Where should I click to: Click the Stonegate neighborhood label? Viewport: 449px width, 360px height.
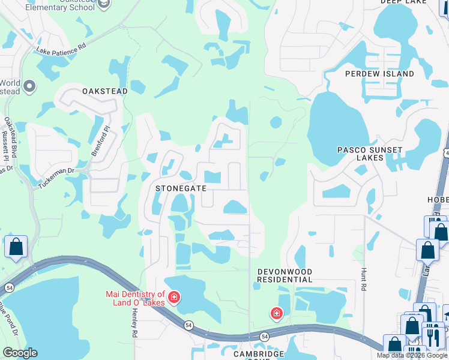(181, 188)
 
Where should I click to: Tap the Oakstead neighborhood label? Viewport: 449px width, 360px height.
(104, 91)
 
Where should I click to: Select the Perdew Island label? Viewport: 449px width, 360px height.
(379, 74)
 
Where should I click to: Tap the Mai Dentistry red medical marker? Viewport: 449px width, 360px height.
(174, 298)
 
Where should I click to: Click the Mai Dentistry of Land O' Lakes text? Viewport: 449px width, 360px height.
(135, 298)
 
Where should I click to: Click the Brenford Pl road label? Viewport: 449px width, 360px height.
(100, 141)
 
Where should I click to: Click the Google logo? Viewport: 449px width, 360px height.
(20, 353)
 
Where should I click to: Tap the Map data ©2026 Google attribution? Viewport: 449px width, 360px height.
(412, 355)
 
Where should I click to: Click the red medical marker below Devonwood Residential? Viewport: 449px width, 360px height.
(276, 313)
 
